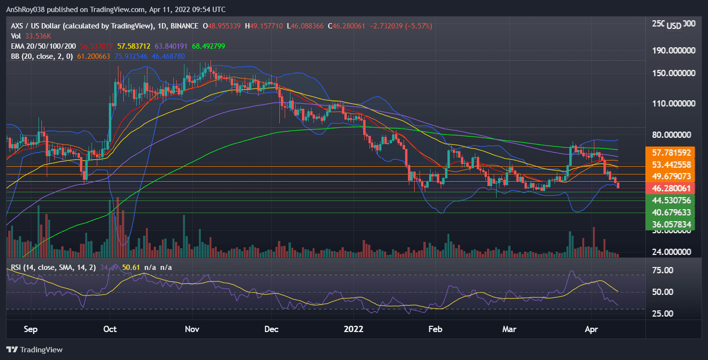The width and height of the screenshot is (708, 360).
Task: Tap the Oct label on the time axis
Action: (110, 330)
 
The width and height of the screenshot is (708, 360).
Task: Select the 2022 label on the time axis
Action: (354, 330)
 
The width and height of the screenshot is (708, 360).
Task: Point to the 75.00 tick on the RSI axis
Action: (663, 270)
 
